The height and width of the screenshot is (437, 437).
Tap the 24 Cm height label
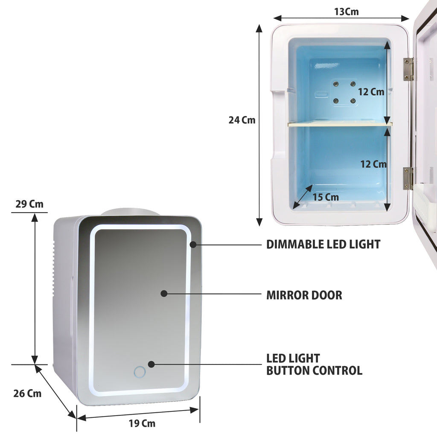coord(242,120)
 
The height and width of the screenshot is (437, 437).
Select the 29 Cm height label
coord(29,204)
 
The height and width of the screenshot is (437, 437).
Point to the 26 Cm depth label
coord(27,393)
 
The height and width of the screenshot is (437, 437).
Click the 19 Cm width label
coord(142,423)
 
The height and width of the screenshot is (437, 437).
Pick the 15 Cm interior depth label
coord(326,197)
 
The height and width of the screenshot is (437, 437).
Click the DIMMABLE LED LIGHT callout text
coord(323,245)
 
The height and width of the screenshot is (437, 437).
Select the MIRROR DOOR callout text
coord(304,295)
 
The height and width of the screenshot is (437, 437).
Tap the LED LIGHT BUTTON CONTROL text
coord(314,364)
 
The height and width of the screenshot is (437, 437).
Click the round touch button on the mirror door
coord(140,372)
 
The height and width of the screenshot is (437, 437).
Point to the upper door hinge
coord(408,70)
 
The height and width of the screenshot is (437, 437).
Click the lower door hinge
coord(408,179)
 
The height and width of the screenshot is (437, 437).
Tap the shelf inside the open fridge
coord(340,124)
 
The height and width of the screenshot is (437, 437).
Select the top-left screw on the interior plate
coord(336,84)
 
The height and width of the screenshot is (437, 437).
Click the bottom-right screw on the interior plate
coord(353,101)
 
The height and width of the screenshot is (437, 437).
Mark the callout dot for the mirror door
coord(164,294)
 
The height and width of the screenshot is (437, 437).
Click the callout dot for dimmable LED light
coord(193,245)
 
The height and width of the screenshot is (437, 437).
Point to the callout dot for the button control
coord(151,364)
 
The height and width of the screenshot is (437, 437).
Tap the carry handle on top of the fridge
coord(131,212)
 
